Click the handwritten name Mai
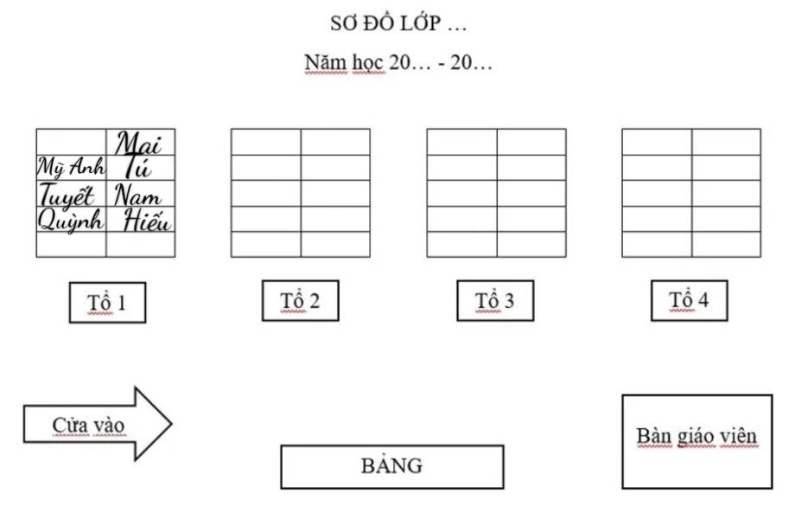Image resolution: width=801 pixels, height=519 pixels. click(x=139, y=143)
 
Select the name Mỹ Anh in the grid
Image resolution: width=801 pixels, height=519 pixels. click(x=71, y=166)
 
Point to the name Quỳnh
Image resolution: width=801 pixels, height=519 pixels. click(x=71, y=220)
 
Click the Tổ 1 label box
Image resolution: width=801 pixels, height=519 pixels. click(x=107, y=303)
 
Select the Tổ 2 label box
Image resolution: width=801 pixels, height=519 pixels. click(x=300, y=301)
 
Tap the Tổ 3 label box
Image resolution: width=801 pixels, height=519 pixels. click(x=494, y=301)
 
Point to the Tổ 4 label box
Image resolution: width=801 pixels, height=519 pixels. click(x=689, y=300)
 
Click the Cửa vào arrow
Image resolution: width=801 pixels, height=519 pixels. click(x=95, y=425)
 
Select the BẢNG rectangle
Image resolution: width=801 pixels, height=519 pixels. click(x=391, y=467)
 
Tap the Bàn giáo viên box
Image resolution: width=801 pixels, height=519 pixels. click(x=696, y=441)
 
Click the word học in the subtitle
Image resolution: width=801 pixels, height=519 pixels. click(x=368, y=63)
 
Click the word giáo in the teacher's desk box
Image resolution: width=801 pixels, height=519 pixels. click(x=696, y=437)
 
